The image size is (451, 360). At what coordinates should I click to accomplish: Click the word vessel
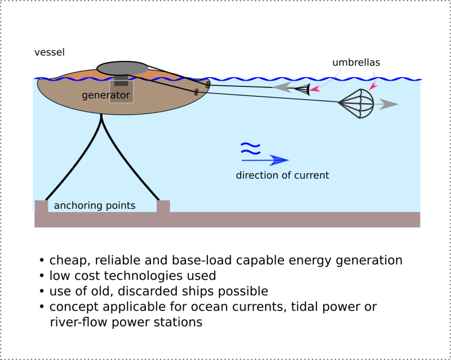click(x=50, y=52)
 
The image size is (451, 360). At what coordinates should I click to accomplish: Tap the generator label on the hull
click(x=106, y=95)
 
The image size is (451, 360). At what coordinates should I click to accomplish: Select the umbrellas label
click(x=356, y=63)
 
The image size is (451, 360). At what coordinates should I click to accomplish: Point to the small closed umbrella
click(x=303, y=89)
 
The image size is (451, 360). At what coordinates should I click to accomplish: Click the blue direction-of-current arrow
click(x=265, y=160)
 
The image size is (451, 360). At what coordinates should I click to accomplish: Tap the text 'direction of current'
click(x=282, y=175)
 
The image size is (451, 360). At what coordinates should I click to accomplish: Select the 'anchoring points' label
click(x=95, y=205)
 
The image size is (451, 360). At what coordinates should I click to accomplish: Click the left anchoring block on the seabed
click(x=41, y=206)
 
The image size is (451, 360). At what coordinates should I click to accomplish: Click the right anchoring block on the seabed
click(x=163, y=206)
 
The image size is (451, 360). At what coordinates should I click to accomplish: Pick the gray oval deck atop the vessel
click(x=122, y=68)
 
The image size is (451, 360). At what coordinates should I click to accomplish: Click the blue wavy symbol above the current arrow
click(x=250, y=148)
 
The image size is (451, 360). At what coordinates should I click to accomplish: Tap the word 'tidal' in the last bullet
click(x=285, y=307)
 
